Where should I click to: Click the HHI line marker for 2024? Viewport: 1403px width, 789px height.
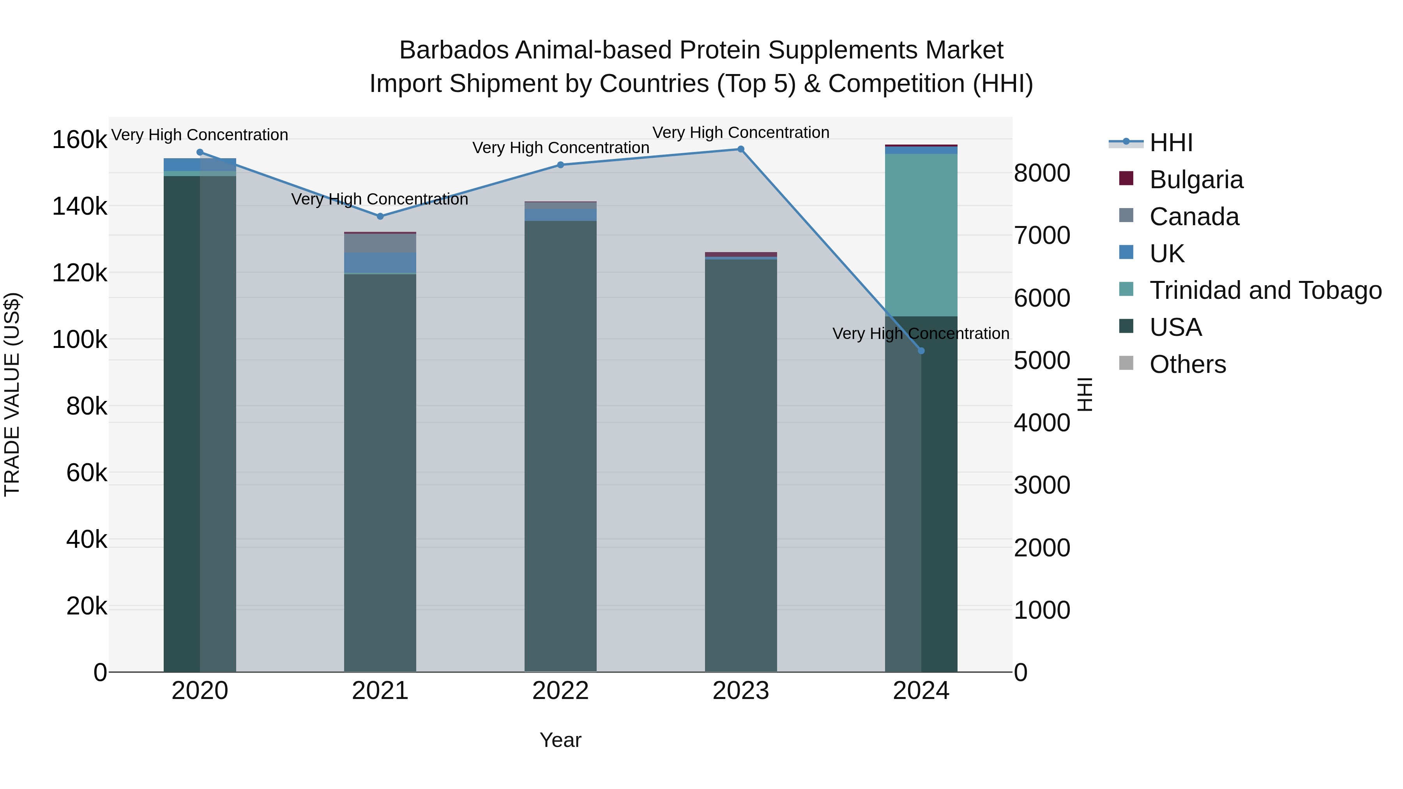(921, 351)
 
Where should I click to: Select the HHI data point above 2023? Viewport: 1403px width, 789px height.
(741, 149)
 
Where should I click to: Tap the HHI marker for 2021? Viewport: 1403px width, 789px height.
(380, 216)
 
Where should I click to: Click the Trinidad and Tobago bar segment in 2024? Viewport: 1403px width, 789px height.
(921, 234)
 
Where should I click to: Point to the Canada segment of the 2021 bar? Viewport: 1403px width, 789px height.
(380, 243)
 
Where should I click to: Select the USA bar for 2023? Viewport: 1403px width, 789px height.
(741, 463)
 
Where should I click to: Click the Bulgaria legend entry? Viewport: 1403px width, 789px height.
(1196, 180)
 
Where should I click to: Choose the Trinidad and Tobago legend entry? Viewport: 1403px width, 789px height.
(1265, 290)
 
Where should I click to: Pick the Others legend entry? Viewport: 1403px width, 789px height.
(1187, 364)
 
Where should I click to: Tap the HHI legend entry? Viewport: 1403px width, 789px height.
(1171, 143)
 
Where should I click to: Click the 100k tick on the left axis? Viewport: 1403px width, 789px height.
(80, 340)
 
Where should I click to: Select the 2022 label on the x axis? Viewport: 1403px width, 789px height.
(560, 691)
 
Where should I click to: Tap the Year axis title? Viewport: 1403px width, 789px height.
(560, 740)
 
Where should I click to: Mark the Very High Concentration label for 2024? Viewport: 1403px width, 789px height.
(921, 333)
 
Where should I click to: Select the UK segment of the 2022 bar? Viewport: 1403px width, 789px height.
(560, 215)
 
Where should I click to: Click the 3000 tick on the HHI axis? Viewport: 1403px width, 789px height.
(1042, 485)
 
